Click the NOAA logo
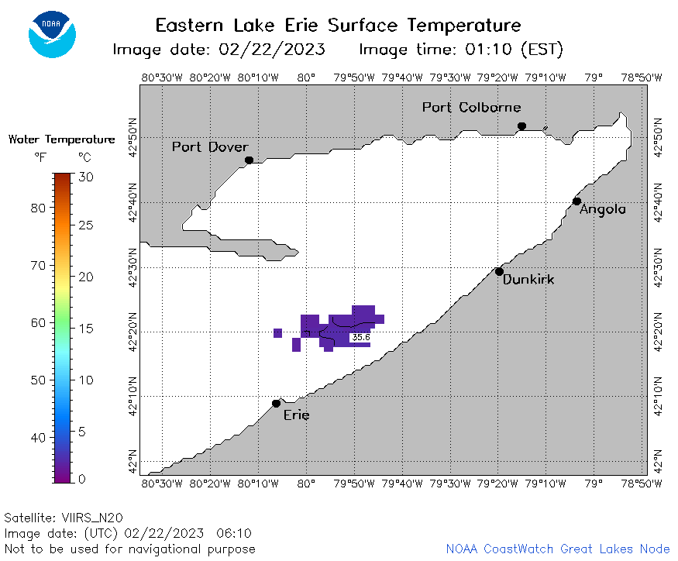tap(52, 34)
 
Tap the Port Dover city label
tap(210, 147)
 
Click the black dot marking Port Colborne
tap(522, 126)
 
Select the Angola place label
tap(602, 210)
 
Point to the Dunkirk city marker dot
tap(499, 272)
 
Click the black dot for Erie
tap(277, 404)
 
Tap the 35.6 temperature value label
tap(361, 337)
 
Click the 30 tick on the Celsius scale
tap(86, 177)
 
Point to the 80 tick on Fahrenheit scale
tap(39, 208)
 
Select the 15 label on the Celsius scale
tap(86, 329)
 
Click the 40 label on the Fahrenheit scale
tap(39, 438)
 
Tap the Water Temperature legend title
tap(62, 139)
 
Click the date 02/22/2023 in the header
tap(272, 50)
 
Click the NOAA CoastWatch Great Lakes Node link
tap(558, 549)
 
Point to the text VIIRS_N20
tap(92, 518)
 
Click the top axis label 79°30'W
tap(450, 77)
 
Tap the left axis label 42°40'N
tap(133, 202)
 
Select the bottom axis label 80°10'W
tap(258, 484)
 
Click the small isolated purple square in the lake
tap(277, 333)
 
